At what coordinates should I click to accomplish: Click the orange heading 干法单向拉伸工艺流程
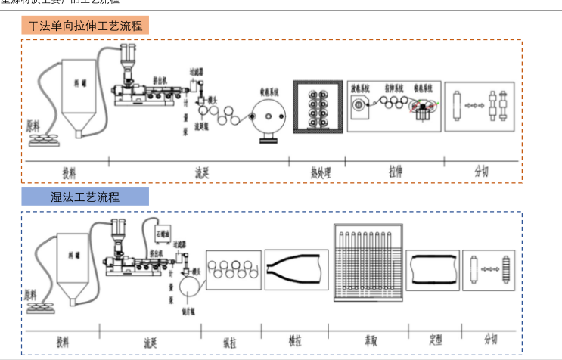click(x=85, y=26)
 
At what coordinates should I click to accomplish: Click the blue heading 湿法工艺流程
click(x=85, y=197)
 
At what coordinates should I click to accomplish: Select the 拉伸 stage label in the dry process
click(x=393, y=172)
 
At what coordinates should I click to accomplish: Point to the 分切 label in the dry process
click(x=481, y=172)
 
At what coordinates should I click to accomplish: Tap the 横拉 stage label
click(x=296, y=339)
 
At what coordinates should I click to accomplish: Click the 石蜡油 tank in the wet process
click(x=162, y=231)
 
